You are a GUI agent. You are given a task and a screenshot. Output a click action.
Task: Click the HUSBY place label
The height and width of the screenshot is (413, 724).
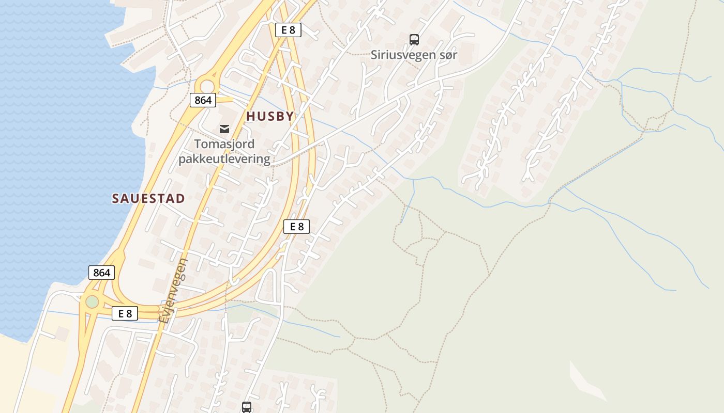270,117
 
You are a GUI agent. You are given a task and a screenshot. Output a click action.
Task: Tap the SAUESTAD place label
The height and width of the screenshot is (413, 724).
148,199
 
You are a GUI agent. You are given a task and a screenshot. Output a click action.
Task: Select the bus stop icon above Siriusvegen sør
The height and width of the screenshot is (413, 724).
414,39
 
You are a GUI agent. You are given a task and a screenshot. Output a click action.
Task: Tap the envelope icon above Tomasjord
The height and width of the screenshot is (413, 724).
224,129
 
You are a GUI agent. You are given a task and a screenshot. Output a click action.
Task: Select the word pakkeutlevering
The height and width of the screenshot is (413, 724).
224,158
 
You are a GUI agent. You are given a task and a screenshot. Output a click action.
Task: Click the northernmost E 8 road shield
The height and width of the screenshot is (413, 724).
288,30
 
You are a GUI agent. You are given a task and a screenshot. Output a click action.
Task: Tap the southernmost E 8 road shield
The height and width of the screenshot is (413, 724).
125,313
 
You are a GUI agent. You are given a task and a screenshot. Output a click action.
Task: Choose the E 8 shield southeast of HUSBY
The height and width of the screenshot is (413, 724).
296,226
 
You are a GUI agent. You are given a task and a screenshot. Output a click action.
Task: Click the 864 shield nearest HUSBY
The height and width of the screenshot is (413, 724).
203,100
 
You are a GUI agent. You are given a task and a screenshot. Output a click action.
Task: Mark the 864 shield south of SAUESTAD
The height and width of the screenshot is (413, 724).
101,273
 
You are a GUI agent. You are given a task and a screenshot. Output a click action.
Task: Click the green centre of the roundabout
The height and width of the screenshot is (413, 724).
92,301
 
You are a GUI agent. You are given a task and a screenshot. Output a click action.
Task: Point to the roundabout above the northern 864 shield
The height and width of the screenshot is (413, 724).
207,86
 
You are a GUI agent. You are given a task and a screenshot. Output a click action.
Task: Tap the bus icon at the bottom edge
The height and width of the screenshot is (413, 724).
247,407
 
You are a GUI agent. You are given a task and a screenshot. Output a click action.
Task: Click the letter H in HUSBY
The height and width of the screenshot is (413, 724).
250,117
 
